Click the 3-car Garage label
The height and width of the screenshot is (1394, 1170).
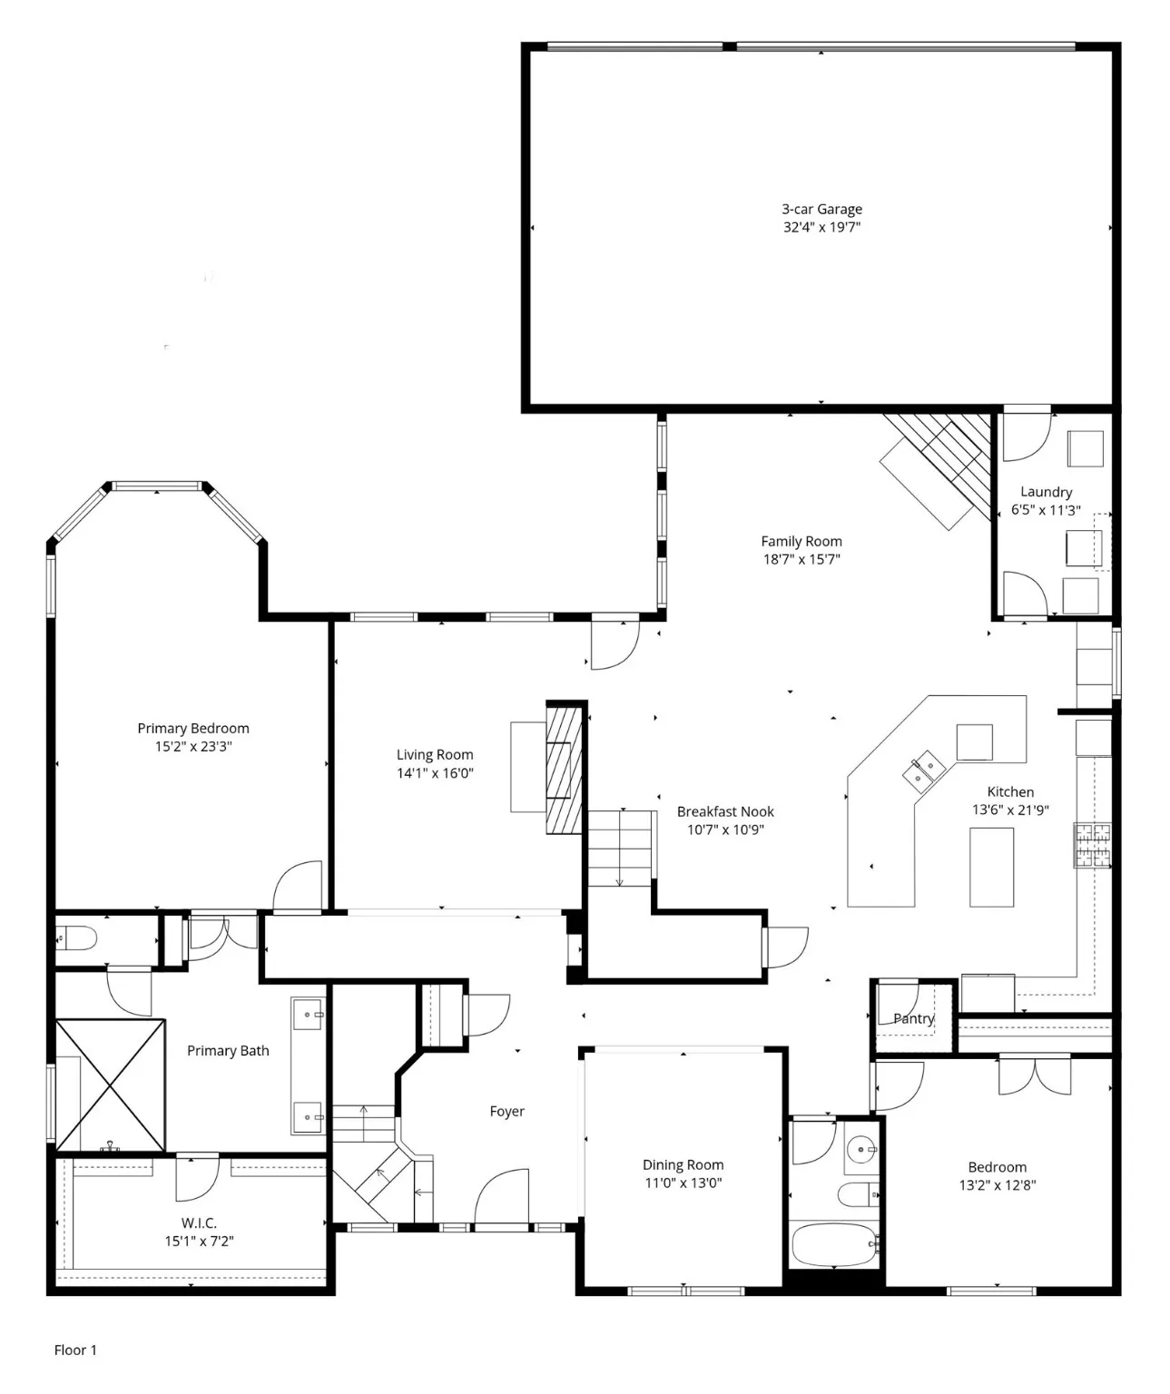tap(821, 209)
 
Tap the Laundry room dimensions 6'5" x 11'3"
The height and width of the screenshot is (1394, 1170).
tap(1046, 510)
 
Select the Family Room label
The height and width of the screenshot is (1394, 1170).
tap(801, 541)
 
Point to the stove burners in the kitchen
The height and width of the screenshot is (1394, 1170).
tap(1093, 845)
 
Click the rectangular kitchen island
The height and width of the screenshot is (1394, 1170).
tap(991, 867)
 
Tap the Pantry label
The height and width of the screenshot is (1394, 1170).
tap(913, 1018)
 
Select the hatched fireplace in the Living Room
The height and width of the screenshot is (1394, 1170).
tap(564, 768)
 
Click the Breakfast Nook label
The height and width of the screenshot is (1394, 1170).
tap(725, 811)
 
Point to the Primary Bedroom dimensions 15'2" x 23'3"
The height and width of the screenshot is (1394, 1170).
tap(192, 746)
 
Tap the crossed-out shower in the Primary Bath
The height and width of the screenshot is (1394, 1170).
tap(110, 1085)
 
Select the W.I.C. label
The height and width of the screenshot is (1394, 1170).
tap(199, 1222)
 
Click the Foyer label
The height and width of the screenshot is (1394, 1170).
tap(506, 1111)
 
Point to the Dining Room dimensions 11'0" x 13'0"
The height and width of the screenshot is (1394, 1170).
tap(683, 1183)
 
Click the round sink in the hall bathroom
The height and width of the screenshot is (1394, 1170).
tap(860, 1151)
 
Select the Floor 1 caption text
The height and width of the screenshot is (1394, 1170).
tap(75, 1350)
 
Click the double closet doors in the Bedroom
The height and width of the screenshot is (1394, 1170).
tap(1035, 1075)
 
